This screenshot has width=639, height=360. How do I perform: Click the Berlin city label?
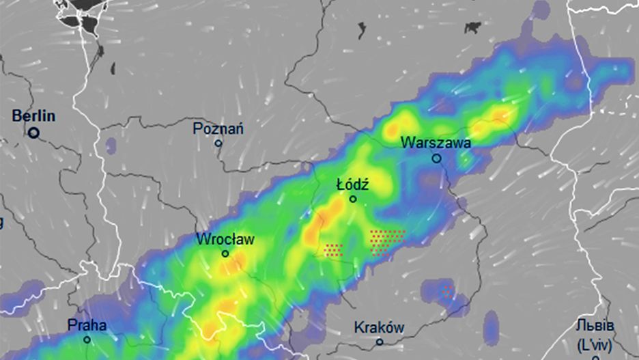[33, 116]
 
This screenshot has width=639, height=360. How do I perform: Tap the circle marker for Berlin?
[33, 133]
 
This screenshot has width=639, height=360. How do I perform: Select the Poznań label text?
[218, 128]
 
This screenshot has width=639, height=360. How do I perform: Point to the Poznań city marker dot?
[218, 143]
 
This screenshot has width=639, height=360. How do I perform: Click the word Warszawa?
[436, 143]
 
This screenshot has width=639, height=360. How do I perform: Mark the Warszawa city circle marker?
[436, 158]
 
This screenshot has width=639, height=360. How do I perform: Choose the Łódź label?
[353, 184]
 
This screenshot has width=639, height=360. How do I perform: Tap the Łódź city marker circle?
[353, 199]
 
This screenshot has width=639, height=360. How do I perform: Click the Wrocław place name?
[225, 239]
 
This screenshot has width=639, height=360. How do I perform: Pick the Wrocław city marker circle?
[225, 253]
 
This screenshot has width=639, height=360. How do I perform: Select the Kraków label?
[379, 328]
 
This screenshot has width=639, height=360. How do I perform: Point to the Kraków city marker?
[380, 342]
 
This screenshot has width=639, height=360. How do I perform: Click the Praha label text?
[87, 325]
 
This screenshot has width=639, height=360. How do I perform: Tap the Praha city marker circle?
[87, 340]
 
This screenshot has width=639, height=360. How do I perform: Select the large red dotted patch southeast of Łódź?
[387, 239]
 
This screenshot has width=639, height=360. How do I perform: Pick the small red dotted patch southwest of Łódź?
[333, 250]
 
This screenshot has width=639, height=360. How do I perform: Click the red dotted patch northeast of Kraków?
[446, 291]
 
